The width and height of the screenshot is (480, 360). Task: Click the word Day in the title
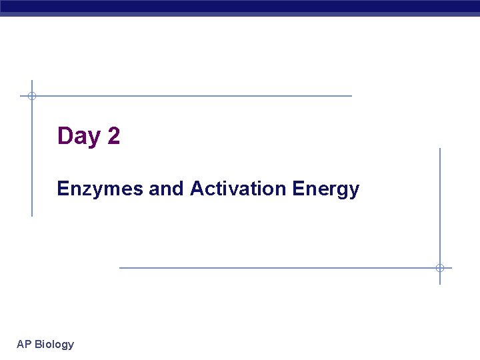(x=79, y=137)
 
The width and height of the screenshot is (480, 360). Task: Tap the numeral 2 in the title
(x=113, y=136)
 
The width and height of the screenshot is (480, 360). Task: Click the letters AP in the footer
(x=24, y=344)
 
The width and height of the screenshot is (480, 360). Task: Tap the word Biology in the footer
(x=55, y=345)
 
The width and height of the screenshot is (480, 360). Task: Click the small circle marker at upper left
(x=31, y=96)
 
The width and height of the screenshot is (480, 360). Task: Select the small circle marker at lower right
(x=440, y=268)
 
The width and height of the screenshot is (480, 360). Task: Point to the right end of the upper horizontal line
(x=351, y=96)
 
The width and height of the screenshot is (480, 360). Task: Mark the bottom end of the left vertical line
(x=31, y=215)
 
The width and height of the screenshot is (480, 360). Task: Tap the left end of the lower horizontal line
(x=121, y=268)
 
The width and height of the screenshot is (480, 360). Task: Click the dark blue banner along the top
(x=240, y=7)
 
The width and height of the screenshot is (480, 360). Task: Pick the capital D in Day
(x=65, y=136)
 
